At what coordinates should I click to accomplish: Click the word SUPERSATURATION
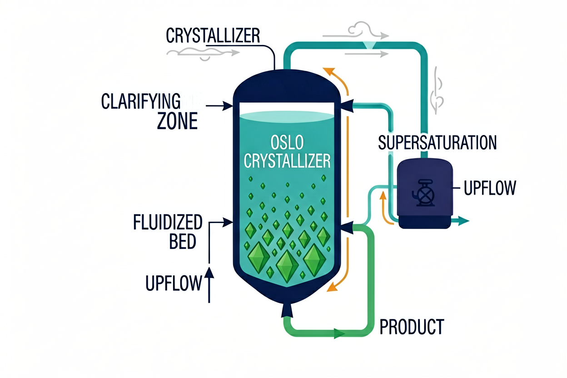[x=437, y=143]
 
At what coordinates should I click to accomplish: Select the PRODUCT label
[x=412, y=327]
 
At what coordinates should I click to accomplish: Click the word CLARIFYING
[x=141, y=101]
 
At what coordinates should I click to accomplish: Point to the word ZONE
[x=177, y=121]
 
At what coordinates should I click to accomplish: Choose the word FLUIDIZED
[x=168, y=222]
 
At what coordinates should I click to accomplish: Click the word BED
[x=183, y=241]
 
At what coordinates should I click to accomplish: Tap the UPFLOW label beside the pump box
[x=490, y=188]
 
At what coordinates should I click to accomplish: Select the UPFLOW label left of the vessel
[x=174, y=283]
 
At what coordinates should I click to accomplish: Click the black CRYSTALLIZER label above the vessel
[x=213, y=36]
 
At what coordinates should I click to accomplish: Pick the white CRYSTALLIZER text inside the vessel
[x=287, y=161]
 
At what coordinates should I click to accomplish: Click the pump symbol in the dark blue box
[x=423, y=193]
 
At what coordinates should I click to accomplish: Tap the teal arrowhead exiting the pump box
[x=463, y=221]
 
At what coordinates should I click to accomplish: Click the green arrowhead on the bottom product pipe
[x=339, y=333]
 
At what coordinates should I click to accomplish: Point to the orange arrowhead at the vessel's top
[x=329, y=71]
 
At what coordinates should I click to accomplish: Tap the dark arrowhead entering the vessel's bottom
[x=287, y=310]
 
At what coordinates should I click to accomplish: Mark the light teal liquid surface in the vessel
[x=287, y=117]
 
